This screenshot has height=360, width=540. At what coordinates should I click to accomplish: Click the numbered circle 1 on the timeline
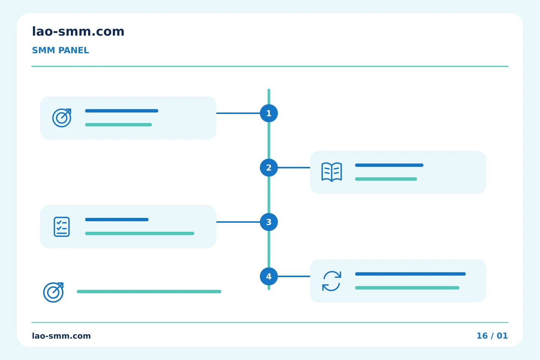pos(269,113)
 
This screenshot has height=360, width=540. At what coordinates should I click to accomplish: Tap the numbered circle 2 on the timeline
pos(269,168)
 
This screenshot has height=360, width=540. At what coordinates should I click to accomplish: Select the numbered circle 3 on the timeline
pos(269,222)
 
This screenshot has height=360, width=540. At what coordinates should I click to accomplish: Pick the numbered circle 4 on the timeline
pos(269,276)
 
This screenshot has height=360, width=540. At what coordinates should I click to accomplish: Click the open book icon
pos(332,172)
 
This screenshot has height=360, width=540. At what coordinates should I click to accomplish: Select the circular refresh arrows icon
pos(332,281)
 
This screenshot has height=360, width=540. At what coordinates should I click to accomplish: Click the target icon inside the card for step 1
pos(62,118)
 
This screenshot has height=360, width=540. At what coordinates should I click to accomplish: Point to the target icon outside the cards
pos(53,292)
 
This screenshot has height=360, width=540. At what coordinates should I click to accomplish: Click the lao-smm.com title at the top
pos(78,31)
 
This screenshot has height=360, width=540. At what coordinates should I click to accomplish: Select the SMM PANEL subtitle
pos(60,50)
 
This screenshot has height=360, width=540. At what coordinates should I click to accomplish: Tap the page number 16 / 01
pos(492,336)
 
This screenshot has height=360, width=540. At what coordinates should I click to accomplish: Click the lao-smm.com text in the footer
pos(61,336)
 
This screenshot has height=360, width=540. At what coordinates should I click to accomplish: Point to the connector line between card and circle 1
pos(238,113)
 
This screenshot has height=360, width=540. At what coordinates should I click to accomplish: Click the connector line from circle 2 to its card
pos(294,168)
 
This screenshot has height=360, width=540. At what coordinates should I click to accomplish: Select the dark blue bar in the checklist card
pos(117,219)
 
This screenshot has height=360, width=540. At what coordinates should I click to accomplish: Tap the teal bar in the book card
pos(386,179)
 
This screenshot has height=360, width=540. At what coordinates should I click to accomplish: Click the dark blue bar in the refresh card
pos(410,274)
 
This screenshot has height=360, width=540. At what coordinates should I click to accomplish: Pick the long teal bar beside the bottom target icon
pos(149,291)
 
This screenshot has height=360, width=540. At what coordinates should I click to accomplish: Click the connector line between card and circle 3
pos(238,222)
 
